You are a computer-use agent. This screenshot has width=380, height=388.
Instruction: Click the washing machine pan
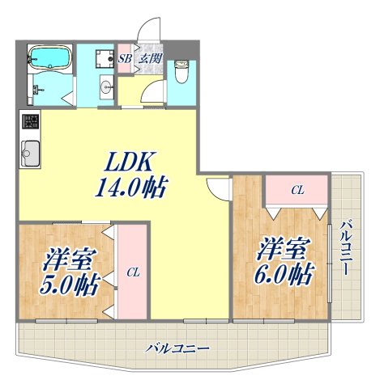(102, 58)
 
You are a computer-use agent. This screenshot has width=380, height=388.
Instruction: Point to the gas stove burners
(30, 123)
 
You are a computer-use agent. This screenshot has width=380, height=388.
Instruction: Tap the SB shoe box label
(125, 58)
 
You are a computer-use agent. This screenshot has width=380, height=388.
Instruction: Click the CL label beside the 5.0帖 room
(132, 272)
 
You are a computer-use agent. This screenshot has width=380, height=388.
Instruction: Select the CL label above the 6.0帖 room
(297, 191)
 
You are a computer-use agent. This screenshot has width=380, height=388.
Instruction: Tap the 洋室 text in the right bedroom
(284, 246)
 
